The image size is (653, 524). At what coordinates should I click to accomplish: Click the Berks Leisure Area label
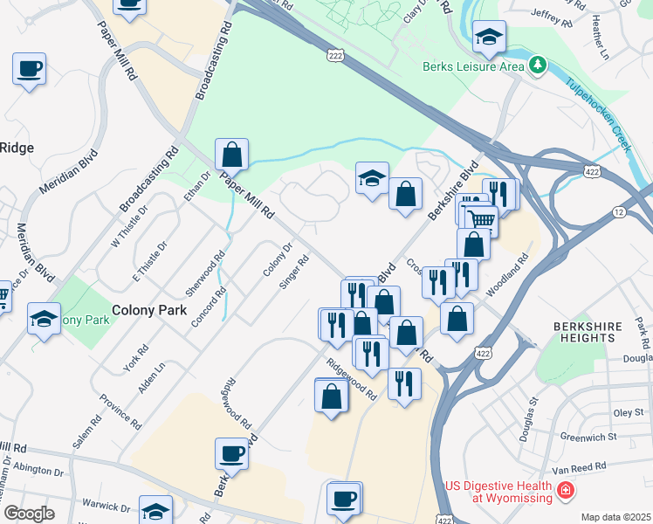click(x=473, y=65)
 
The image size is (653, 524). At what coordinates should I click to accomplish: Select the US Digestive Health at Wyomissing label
click(x=499, y=492)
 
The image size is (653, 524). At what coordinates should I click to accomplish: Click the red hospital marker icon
click(x=566, y=491)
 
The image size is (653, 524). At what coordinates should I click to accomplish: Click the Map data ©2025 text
click(x=615, y=517)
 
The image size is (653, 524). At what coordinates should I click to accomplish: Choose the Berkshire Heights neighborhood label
click(x=588, y=332)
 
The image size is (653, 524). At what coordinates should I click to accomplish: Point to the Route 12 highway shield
click(x=619, y=212)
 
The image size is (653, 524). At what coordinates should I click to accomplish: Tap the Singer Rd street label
click(x=294, y=271)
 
